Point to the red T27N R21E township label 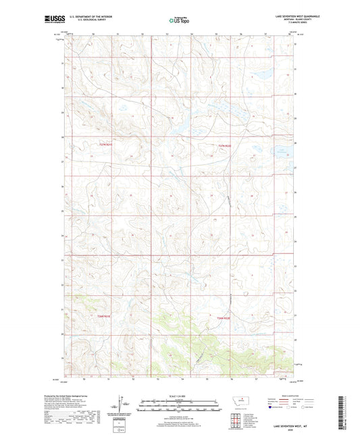tap(103, 146)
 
